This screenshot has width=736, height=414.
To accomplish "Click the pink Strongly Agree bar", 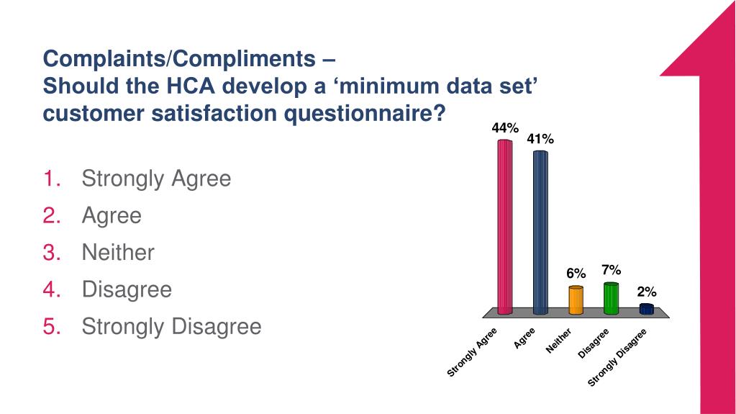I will click(x=505, y=227).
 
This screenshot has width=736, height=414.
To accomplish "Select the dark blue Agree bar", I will click(x=540, y=233).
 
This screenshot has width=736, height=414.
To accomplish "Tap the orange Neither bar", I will click(x=576, y=300).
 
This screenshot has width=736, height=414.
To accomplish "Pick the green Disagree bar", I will click(x=611, y=298).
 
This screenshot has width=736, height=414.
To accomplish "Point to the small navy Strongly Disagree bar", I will click(x=646, y=309).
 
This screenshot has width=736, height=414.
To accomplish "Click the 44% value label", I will click(x=505, y=128).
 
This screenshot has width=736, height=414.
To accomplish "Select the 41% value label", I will click(x=540, y=140).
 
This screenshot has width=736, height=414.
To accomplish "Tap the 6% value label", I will click(x=576, y=274).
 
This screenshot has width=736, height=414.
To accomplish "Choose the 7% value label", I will click(x=612, y=270).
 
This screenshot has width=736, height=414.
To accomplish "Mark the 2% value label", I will click(x=646, y=292).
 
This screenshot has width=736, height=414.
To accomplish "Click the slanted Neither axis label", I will click(x=558, y=341).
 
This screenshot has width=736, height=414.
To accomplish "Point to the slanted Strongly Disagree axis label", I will click(x=617, y=357).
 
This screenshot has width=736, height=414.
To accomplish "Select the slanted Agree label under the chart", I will click(x=525, y=338).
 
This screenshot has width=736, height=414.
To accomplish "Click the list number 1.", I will click(x=52, y=179).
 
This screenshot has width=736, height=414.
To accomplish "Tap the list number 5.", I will click(x=52, y=327).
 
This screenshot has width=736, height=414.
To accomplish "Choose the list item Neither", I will click(x=118, y=253).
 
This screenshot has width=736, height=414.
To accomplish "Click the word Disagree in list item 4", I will click(x=127, y=289).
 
